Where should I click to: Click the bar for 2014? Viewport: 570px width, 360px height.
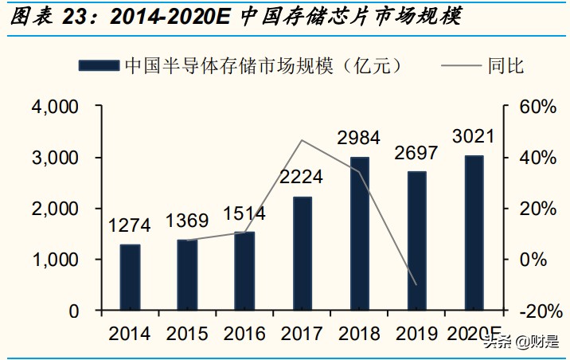(131, 277)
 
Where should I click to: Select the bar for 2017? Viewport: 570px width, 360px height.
(303, 253)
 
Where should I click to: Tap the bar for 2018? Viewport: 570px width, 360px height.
(360, 233)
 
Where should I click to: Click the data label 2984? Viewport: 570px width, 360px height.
(358, 138)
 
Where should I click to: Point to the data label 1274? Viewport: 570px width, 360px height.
(130, 225)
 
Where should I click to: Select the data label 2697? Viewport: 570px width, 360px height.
(416, 152)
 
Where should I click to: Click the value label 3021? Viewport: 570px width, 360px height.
(473, 135)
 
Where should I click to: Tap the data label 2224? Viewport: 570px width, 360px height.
(302, 178)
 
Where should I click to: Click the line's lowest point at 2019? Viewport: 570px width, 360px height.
(416, 284)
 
